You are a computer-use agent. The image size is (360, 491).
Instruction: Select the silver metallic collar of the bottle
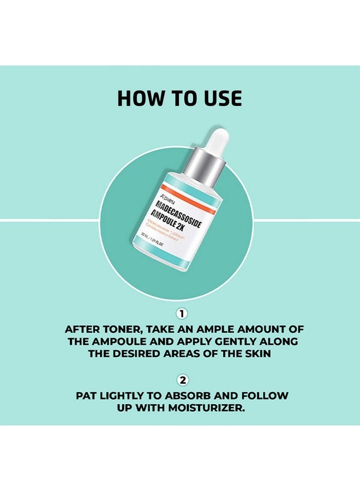pos(204,170)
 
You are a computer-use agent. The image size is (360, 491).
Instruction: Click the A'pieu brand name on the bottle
pos(167,199)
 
